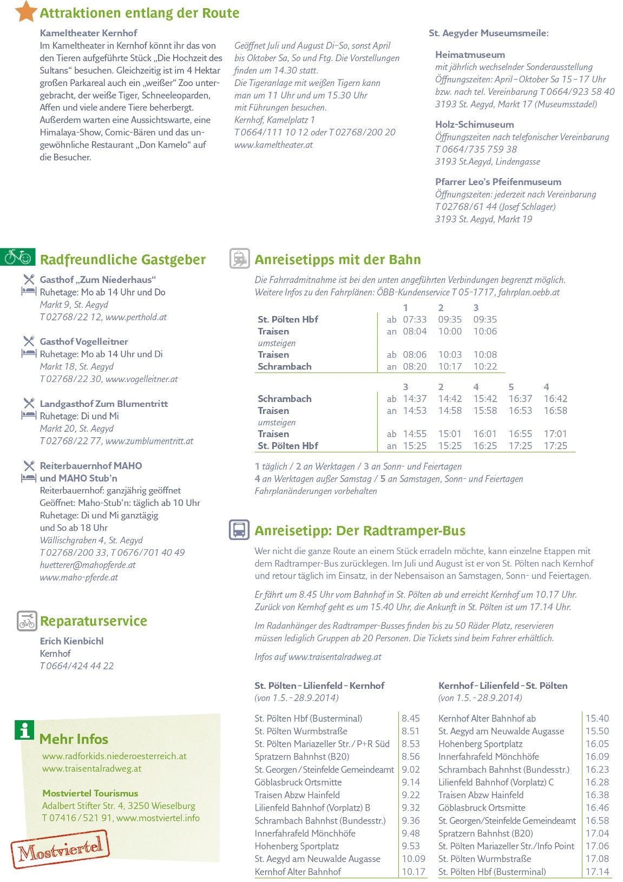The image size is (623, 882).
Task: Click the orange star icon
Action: [x=25, y=11]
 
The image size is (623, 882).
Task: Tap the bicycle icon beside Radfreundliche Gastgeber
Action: [x=18, y=257]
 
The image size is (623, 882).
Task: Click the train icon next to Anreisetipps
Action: [x=239, y=259]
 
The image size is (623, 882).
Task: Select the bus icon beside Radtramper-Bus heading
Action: [x=239, y=529]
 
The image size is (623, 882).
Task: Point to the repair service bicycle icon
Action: [x=27, y=621]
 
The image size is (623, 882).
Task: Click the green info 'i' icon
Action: [x=24, y=730]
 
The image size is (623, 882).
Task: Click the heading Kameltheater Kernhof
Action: [x=88, y=33]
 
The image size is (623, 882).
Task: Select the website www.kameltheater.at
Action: [x=273, y=145]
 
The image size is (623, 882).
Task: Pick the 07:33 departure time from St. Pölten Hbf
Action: [x=415, y=320]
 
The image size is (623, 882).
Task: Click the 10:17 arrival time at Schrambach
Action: [x=450, y=367]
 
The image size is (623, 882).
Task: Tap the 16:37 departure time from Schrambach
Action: [x=520, y=399]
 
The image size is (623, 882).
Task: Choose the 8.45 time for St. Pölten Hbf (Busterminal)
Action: [x=411, y=719]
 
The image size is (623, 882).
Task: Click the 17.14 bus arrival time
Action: [x=597, y=872]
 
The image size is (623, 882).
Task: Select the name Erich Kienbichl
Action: [x=71, y=641]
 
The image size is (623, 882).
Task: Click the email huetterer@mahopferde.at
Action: [x=88, y=565]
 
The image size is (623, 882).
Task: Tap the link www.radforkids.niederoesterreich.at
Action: [x=114, y=756]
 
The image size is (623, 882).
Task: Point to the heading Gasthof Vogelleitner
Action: [x=84, y=342]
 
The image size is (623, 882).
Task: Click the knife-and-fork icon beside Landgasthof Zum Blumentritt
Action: [x=29, y=403]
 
